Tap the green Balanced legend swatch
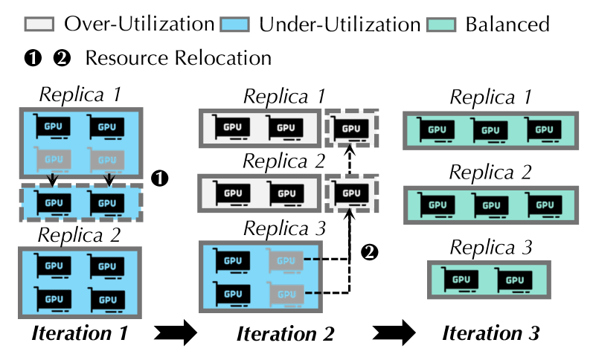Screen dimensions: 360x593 [443, 23]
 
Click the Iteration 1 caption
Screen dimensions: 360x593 [79, 332]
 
